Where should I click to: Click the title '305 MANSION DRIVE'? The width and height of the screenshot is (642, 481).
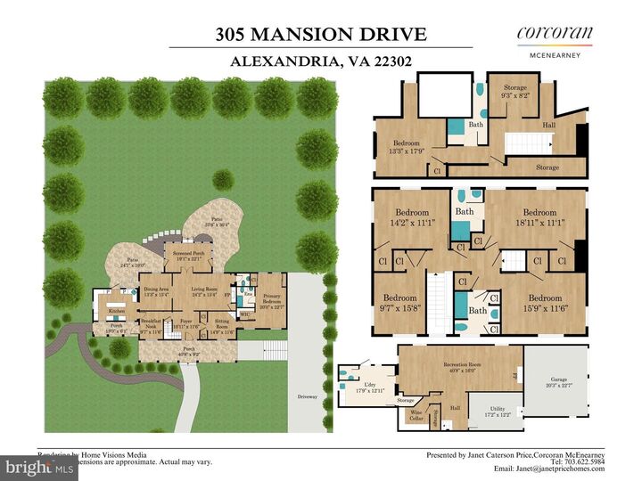(320, 35)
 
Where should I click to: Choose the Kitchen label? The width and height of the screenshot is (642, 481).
(116, 311)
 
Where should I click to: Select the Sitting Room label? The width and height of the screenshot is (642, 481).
(222, 329)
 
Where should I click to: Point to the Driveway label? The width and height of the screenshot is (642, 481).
(309, 395)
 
